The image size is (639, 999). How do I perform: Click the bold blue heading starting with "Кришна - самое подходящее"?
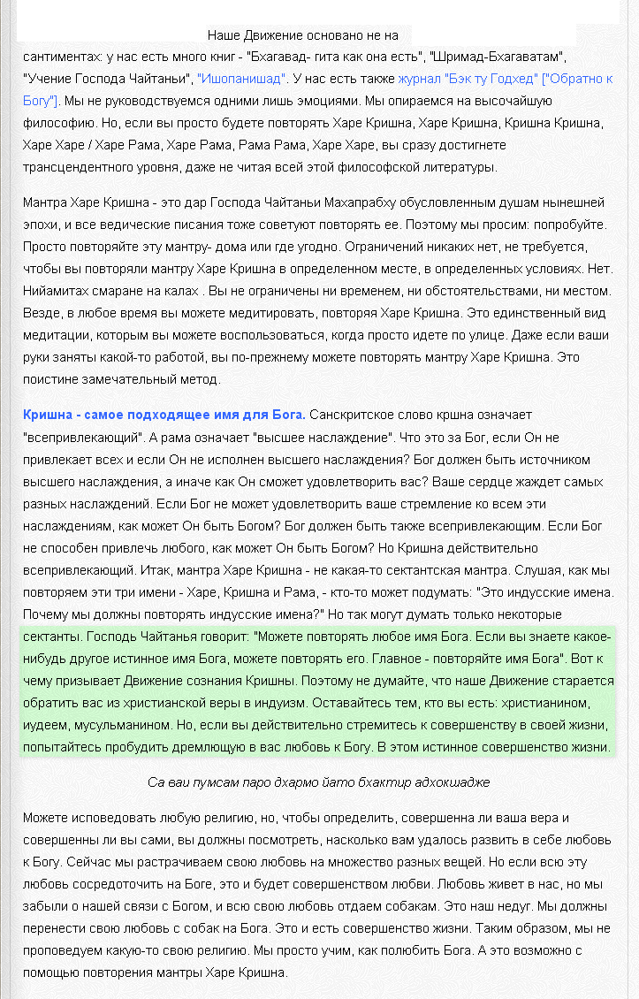click(164, 415)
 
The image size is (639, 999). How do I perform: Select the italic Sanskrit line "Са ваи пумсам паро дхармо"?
click(318, 782)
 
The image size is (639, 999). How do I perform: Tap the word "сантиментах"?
click(63, 57)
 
